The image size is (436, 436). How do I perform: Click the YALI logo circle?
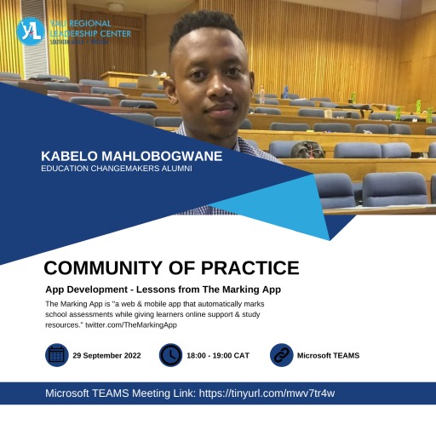[x=29, y=30]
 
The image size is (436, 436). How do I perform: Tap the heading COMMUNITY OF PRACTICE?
[x=171, y=268]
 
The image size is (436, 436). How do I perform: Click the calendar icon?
[x=56, y=355]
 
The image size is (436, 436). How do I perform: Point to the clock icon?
[x=170, y=355]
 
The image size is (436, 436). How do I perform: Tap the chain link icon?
[x=281, y=355]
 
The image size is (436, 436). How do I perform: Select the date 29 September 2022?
[x=107, y=355]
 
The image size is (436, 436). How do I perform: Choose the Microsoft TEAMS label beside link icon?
[x=328, y=355]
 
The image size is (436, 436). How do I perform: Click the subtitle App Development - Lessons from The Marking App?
[x=163, y=290]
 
